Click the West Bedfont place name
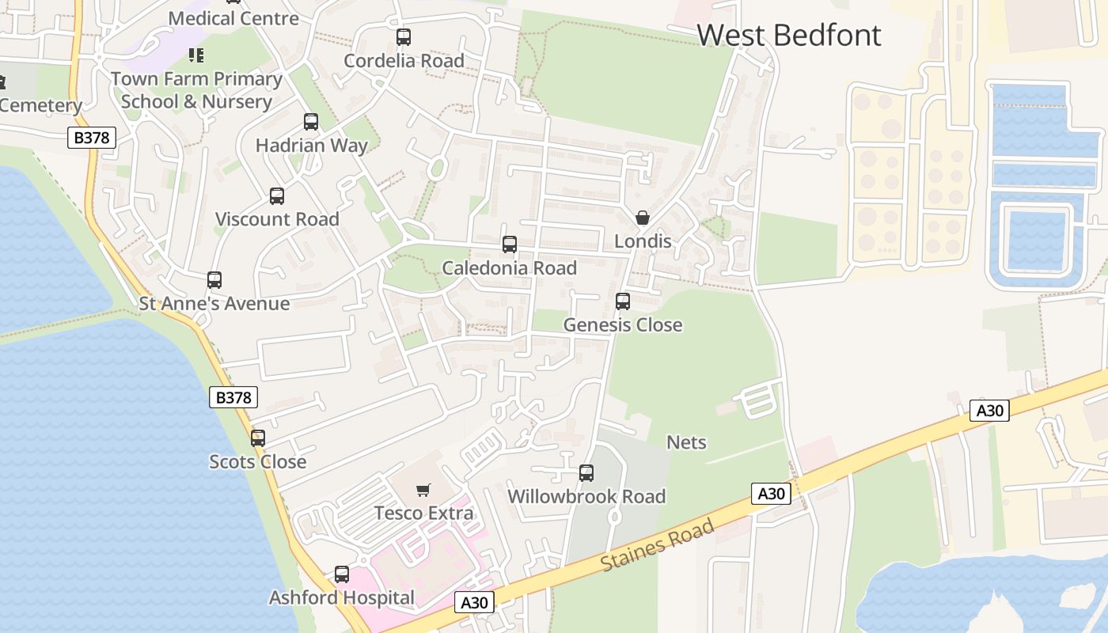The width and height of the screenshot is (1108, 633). [x=788, y=36]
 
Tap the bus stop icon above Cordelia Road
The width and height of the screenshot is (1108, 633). [x=404, y=37]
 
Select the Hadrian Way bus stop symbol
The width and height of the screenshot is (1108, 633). [x=311, y=122]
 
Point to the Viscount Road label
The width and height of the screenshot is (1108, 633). [x=277, y=219]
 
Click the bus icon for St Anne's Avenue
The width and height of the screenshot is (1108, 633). [x=214, y=280]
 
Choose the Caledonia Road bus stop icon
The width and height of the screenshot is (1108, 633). [x=510, y=244]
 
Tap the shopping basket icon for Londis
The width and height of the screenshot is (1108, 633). [x=643, y=218]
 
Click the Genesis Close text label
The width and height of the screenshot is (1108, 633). [x=622, y=325]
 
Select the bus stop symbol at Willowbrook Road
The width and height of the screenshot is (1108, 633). [x=586, y=473]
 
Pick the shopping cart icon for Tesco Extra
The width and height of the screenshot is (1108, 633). [x=423, y=491]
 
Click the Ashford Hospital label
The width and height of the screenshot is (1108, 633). [x=341, y=597]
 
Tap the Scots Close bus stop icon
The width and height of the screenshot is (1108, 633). [x=258, y=438]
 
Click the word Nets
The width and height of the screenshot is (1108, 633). [x=686, y=442]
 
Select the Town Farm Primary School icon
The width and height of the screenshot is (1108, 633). [x=196, y=55]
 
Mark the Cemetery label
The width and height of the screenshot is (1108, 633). [x=40, y=105]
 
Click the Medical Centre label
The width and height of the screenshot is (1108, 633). [x=233, y=18]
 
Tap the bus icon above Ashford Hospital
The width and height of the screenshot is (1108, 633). [x=342, y=574]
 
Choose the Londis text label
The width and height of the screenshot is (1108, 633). [x=643, y=241]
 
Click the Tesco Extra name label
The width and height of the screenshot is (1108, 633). [x=423, y=513]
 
